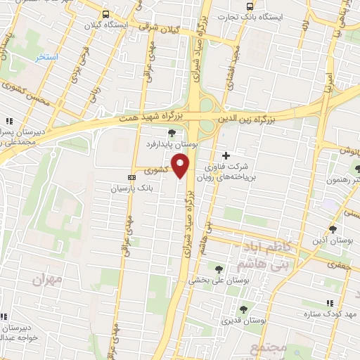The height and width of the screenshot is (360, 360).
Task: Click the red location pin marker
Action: click(182, 165)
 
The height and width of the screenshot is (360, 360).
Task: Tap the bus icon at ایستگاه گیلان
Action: click(105, 14)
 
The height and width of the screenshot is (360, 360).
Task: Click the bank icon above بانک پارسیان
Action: click(131, 177)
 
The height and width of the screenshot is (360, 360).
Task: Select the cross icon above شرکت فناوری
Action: click(226, 155)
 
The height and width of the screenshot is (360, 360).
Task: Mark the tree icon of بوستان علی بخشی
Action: click(220, 268)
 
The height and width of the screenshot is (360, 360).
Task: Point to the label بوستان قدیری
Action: click(243, 321)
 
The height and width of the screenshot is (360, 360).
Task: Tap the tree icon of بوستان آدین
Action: click(332, 229)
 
